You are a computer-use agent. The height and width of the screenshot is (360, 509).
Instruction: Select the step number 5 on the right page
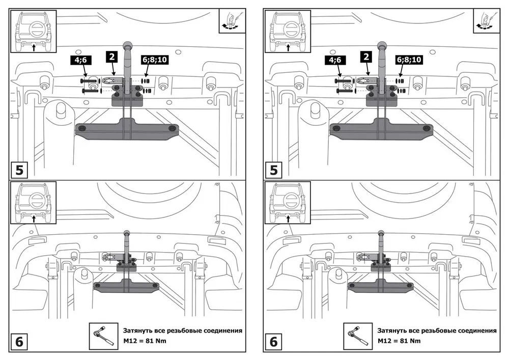pos(274,170)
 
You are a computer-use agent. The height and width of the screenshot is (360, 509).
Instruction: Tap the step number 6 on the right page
pos(274,342)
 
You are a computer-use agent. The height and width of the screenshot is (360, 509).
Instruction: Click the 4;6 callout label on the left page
pos(82,60)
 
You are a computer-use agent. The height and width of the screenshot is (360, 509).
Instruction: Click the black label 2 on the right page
pos(366,57)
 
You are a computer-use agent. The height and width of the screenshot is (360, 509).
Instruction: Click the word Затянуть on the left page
pos(137,330)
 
